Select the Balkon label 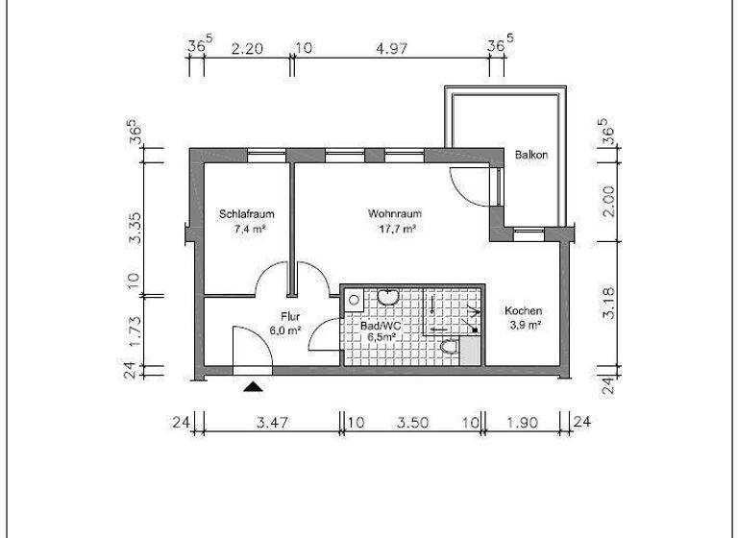coord(530,155)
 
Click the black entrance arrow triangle coord(253,386)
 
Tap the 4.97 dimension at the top coord(397,45)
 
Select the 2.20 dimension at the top coord(246,45)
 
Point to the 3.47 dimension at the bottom coord(269,422)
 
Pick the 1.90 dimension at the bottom coord(525,422)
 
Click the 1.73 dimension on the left coord(135,331)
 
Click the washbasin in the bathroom coord(389,297)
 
